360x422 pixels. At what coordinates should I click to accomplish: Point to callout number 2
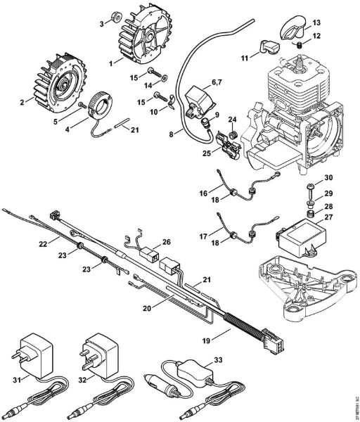tap(22, 103)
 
